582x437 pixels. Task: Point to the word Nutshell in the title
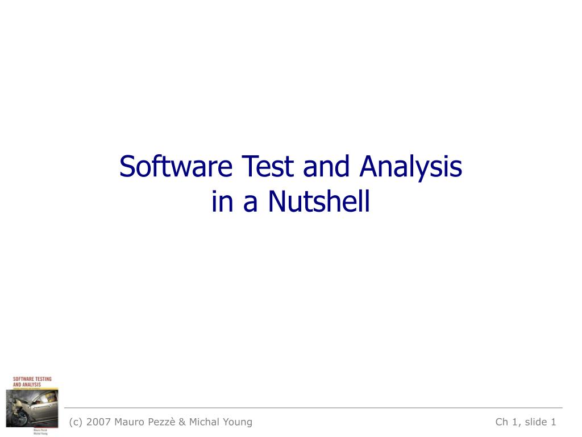319,201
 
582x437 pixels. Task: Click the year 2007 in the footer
97,422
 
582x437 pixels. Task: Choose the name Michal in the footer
205,422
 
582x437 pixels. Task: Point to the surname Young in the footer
238,422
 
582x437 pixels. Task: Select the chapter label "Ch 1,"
507,422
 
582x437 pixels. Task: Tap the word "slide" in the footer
536,422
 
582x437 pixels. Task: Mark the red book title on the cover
32,381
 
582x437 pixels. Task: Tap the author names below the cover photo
40,431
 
